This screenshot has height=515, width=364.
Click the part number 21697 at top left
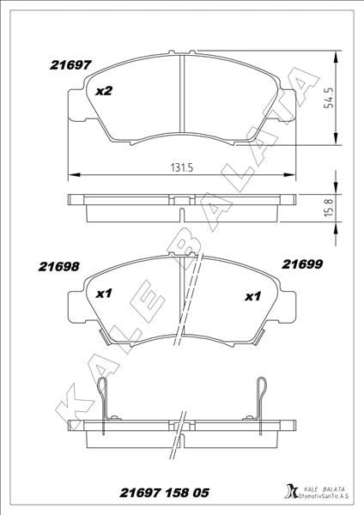tap(70, 65)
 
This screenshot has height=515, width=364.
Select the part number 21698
tap(58, 266)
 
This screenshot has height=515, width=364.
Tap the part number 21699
tap(302, 264)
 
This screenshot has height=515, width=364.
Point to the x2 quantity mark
tap(104, 91)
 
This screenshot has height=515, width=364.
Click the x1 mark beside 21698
tap(104, 294)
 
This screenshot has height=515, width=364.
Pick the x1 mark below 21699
tap(253, 297)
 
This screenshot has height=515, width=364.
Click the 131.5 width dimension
tap(182, 168)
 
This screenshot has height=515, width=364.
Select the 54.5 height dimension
tap(329, 98)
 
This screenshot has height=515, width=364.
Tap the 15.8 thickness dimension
tap(329, 207)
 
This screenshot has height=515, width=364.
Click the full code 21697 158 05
tap(164, 493)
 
